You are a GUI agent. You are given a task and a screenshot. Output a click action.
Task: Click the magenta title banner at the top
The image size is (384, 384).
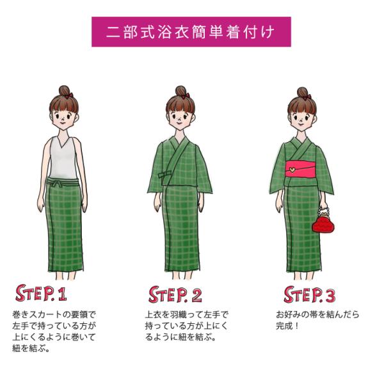[x=191, y=31]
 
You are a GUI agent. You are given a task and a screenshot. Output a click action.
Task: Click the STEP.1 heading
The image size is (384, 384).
[x=41, y=293]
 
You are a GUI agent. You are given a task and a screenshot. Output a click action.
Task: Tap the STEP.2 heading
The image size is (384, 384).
[x=175, y=294]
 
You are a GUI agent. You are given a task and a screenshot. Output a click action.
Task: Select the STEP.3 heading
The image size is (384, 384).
[x=309, y=294]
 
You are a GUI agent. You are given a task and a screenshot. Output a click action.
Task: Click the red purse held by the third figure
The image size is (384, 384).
[x=323, y=223]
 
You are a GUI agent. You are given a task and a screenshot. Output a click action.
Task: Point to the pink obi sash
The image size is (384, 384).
[x=301, y=169]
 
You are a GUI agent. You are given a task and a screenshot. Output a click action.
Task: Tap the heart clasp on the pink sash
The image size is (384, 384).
[x=292, y=169]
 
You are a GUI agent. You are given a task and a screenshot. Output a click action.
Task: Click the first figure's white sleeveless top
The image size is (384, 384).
[x=63, y=158]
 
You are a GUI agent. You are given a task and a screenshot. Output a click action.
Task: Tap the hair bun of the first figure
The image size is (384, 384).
[x=64, y=92]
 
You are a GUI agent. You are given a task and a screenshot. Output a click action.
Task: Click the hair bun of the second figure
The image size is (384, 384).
[x=180, y=92]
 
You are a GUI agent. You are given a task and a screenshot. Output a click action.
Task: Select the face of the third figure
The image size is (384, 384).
[x=301, y=117]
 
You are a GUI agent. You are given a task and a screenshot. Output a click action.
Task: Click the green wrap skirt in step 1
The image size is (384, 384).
[x=64, y=225]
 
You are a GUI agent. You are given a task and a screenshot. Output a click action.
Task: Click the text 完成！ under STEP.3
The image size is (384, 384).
[x=287, y=326]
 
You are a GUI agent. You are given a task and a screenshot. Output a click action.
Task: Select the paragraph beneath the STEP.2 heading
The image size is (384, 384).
[x=187, y=326]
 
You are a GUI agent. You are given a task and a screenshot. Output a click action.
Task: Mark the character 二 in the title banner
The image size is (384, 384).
[x=113, y=32]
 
